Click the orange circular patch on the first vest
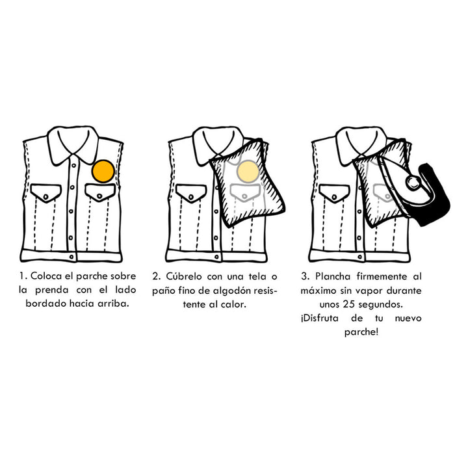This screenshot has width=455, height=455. click(103, 172)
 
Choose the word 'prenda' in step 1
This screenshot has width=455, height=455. click(53, 290)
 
